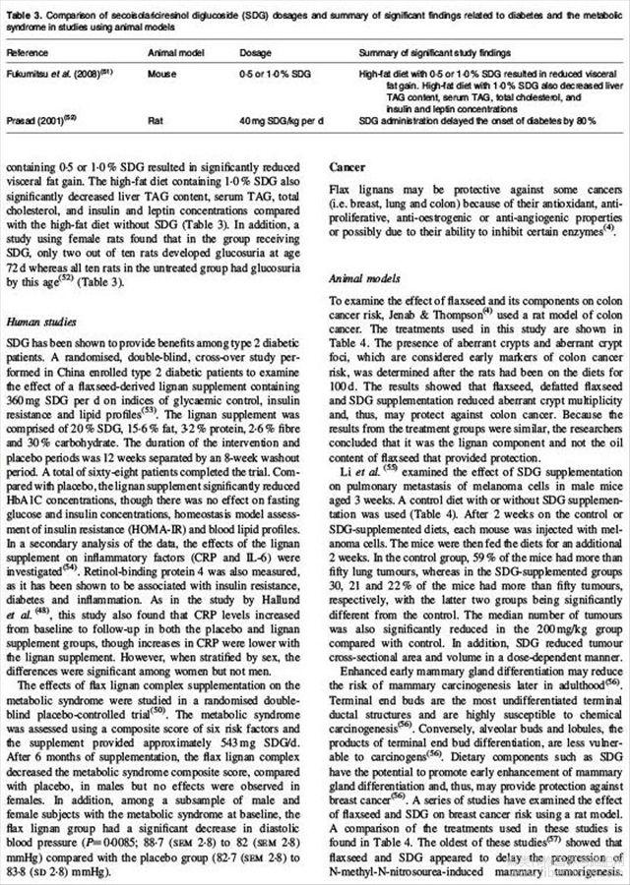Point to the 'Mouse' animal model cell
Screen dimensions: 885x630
pyautogui.click(x=160, y=74)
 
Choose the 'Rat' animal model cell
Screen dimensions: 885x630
pyautogui.click(x=155, y=117)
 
